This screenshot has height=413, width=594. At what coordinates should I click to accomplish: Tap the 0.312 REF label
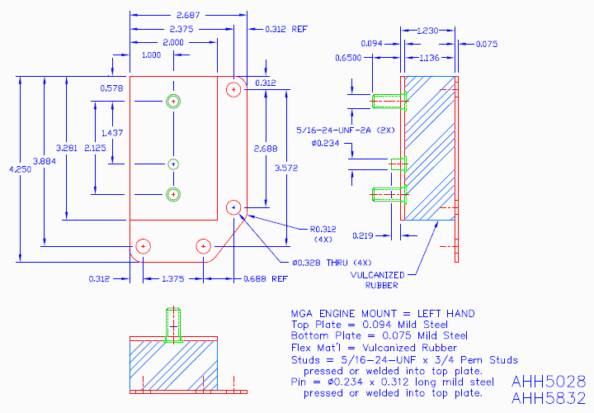click(x=286, y=29)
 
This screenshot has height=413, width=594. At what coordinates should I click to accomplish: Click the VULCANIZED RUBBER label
click(x=376, y=280)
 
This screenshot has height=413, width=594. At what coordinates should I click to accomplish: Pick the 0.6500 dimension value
click(x=348, y=59)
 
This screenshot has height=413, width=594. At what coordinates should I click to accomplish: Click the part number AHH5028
click(x=549, y=382)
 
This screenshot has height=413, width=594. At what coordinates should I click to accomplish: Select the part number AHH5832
click(x=549, y=398)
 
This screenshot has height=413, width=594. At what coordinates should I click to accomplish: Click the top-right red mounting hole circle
click(x=234, y=88)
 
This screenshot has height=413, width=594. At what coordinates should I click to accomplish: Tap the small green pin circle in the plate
click(x=173, y=163)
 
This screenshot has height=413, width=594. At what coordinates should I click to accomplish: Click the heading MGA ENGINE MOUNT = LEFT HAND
click(x=383, y=314)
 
